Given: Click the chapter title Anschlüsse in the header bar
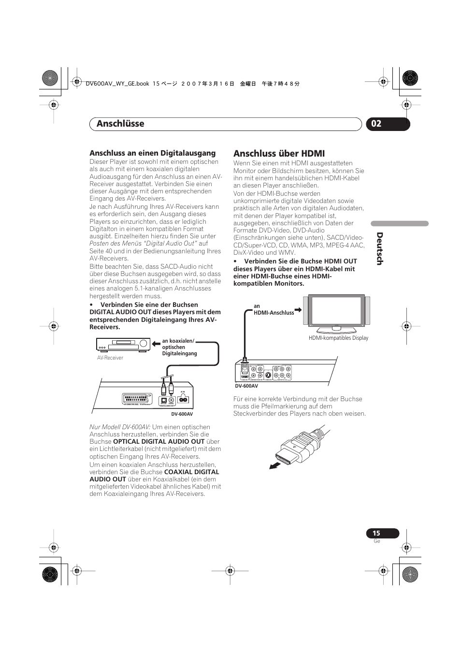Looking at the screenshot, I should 120,124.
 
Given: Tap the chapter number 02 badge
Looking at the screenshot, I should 376,124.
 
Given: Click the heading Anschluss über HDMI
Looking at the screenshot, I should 279,154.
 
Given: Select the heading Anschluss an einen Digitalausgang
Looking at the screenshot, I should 152,153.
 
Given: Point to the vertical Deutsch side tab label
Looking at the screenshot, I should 379,248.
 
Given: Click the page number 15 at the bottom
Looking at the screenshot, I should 376,533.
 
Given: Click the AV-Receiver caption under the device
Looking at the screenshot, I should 110,358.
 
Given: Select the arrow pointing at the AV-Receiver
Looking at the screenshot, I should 156,344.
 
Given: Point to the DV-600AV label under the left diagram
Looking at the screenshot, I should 182,414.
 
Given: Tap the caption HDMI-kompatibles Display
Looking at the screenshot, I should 338,338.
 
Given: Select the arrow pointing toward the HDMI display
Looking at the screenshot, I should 298,309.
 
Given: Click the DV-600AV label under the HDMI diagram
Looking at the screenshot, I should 246,386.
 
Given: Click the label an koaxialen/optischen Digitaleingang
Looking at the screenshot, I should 179,347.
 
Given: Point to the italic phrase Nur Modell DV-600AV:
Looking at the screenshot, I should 120,427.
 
